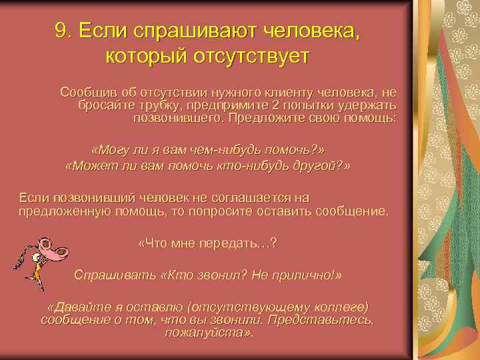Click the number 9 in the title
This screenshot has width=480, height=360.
click(63, 31)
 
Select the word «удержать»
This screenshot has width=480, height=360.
click(372, 105)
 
